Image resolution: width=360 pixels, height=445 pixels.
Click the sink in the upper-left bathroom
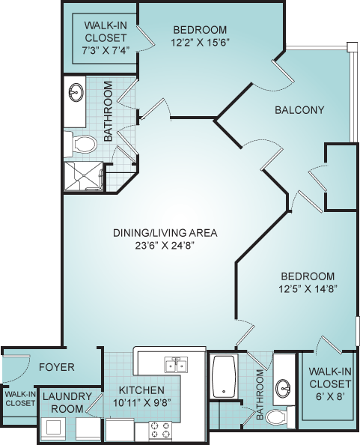point(76,92)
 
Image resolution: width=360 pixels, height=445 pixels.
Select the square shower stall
point(83,176)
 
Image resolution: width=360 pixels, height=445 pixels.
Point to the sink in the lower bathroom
point(284,387)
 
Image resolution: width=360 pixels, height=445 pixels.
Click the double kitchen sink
point(176,364)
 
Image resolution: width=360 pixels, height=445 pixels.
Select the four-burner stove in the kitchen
point(160,430)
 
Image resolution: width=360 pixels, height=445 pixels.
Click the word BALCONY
point(299,110)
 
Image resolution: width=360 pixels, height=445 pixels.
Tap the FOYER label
point(57,367)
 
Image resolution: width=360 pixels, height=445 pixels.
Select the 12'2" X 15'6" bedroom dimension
point(200,43)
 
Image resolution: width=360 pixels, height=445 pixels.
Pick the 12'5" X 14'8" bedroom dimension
point(308,289)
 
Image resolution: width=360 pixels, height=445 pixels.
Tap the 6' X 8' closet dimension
point(330,396)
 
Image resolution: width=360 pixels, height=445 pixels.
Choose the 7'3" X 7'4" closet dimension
point(106,50)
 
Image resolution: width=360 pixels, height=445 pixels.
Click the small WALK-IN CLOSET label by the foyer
point(20,399)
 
